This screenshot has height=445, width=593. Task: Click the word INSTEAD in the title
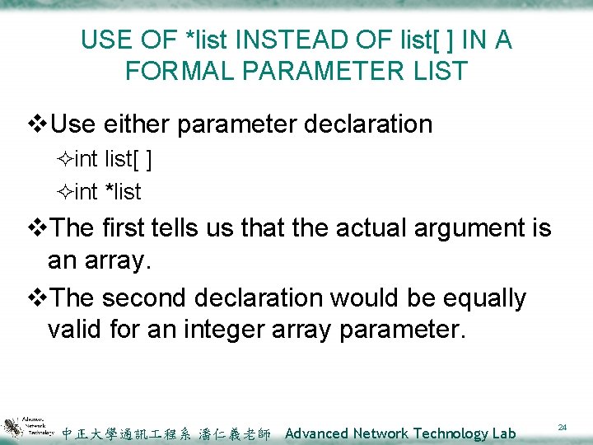tap(264, 40)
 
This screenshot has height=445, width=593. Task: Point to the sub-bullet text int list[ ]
tap(112, 159)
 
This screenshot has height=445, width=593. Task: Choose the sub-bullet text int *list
tap(108, 192)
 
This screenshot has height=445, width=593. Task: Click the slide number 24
tap(563, 428)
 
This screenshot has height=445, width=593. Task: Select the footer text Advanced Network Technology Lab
tap(400, 433)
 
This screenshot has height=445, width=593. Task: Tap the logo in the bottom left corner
tap(29, 427)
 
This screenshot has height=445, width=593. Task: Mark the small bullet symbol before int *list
tap(66, 193)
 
